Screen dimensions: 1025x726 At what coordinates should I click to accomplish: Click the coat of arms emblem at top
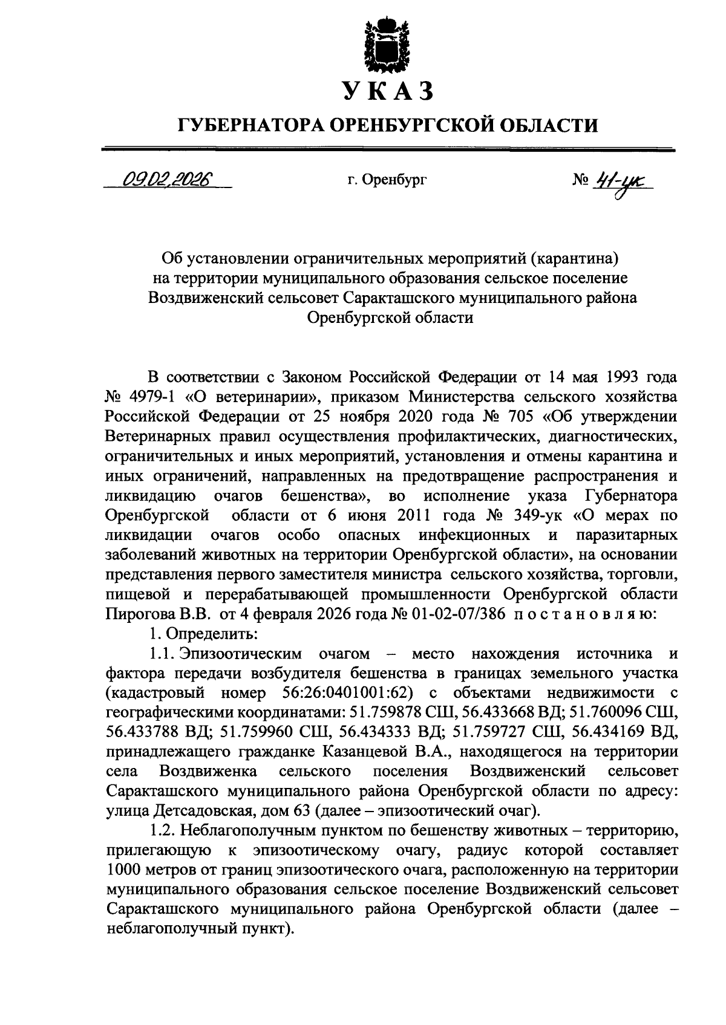(387, 46)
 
